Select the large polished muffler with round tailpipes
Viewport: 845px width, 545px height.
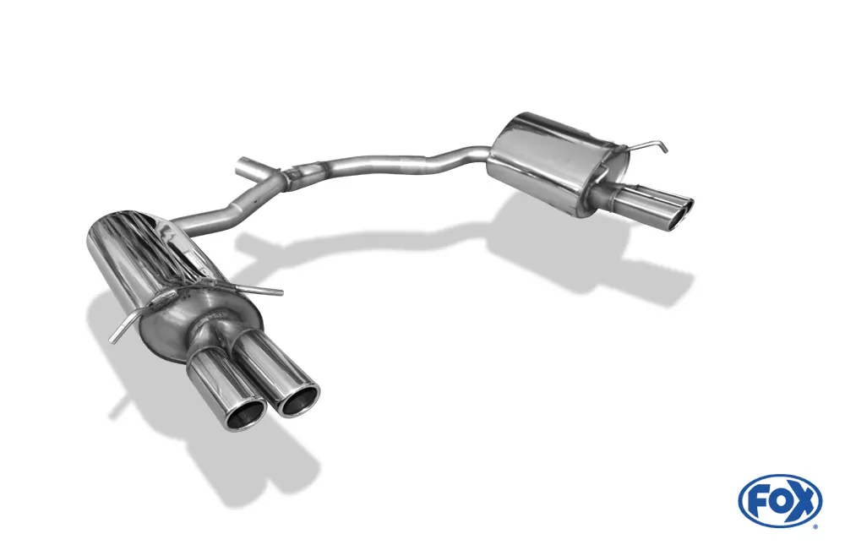pyautogui.click(x=172, y=281)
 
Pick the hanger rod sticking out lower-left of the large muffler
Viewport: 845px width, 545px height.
pyautogui.click(x=124, y=327)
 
